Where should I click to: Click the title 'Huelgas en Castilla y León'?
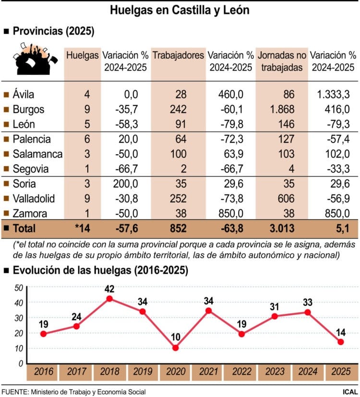coord(180,10)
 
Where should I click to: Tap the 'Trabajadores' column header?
coord(178,55)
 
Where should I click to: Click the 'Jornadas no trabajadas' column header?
coord(282,61)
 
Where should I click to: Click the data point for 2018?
coord(109,299)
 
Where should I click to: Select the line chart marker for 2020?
coord(175,348)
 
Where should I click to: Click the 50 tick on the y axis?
coord(19,288)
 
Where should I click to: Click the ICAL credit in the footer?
coord(348,391)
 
